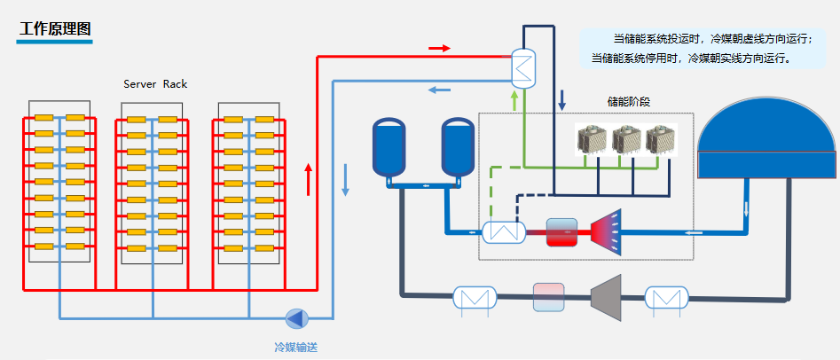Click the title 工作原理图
click(x=55, y=27)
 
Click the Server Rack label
click(x=155, y=84)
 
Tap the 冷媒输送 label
click(x=295, y=347)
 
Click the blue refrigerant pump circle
click(x=295, y=317)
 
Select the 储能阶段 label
click(x=628, y=101)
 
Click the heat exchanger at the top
click(x=524, y=67)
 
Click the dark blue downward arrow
click(x=561, y=99)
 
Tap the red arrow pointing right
click(x=439, y=48)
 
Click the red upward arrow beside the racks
click(x=309, y=178)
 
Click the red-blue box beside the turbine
click(x=561, y=232)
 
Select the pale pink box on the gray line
click(x=548, y=297)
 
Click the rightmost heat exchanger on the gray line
click(x=665, y=297)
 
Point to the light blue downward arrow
click(x=345, y=180)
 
